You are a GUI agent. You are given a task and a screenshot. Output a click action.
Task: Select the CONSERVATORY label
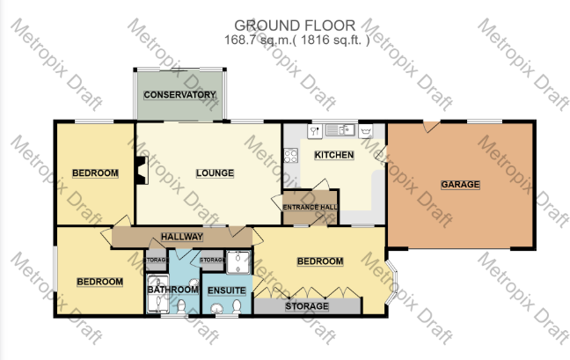click(x=179, y=94)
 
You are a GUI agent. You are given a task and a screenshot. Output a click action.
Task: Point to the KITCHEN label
click(x=334, y=156)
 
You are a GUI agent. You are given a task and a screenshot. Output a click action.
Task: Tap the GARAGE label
click(x=460, y=185)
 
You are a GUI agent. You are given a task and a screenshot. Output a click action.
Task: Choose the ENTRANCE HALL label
click(x=309, y=207)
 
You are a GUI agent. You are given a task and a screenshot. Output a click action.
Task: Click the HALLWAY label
click(x=182, y=237)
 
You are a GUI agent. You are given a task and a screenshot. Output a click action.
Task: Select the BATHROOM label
click(x=172, y=289)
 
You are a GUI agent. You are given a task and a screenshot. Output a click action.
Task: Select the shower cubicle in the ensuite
click(x=237, y=261)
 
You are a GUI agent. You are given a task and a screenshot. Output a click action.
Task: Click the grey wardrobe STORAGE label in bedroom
click(x=307, y=306)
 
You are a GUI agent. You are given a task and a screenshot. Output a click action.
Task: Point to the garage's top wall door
click(x=428, y=127)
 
